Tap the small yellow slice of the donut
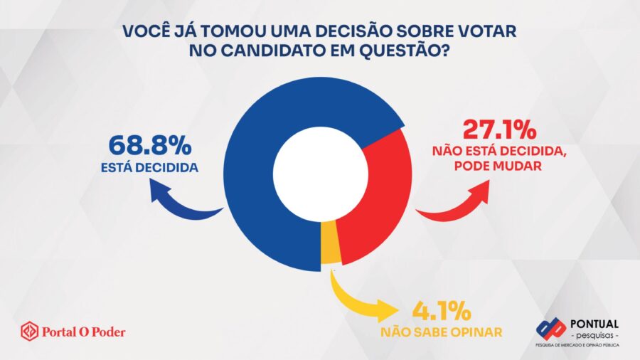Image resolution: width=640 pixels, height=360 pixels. tap(329, 253)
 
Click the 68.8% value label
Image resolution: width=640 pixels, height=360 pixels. tap(150, 147)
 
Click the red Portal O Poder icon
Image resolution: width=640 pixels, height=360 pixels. tap(29, 331)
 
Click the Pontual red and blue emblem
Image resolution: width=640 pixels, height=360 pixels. tap(551, 329)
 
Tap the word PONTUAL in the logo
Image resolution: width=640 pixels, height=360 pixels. tap(594, 324)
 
